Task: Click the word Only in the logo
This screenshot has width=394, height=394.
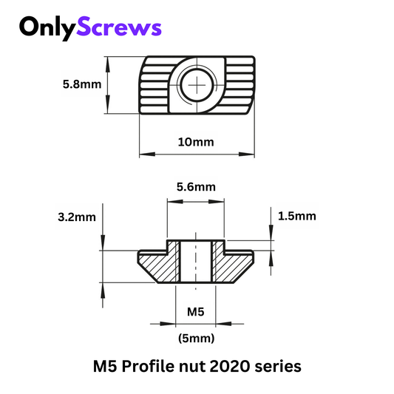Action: coord(47,28)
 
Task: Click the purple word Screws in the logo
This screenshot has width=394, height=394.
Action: coord(119,27)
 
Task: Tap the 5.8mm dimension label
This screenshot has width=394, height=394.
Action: coord(82,84)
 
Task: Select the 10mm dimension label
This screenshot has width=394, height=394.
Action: coord(196,142)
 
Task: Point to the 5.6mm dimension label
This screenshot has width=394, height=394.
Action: coord(196,187)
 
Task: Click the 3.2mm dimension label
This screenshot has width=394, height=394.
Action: coord(77,217)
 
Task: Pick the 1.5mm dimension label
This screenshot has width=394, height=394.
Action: coord(297,216)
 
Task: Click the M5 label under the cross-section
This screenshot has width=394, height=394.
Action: coord(196,312)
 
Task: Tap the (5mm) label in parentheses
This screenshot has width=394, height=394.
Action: coord(196,339)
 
